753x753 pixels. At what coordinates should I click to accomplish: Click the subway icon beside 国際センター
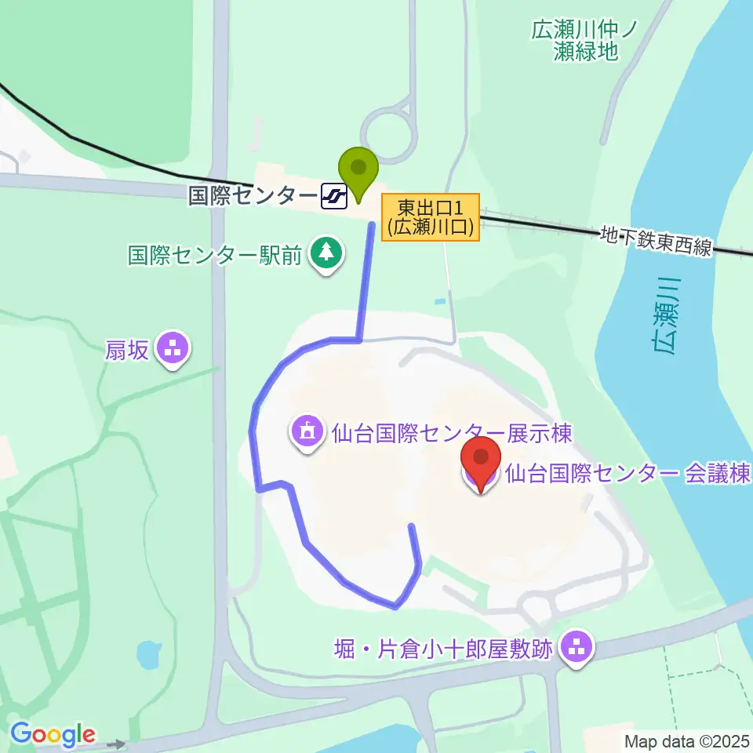click(x=334, y=196)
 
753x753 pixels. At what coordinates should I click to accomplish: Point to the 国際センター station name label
click(x=253, y=195)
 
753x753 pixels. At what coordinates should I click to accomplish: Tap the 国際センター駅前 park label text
click(x=215, y=256)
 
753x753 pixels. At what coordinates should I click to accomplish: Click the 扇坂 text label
click(x=127, y=350)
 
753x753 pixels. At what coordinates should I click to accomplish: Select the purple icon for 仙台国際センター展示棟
click(x=307, y=432)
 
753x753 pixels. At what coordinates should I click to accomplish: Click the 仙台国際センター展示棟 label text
click(x=450, y=433)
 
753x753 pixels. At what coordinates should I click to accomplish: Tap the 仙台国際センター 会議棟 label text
click(x=628, y=473)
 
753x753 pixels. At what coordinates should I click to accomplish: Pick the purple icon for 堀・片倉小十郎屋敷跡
click(x=578, y=649)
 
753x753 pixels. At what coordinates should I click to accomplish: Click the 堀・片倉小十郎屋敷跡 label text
click(x=444, y=649)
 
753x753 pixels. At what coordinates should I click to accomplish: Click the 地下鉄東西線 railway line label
click(x=656, y=241)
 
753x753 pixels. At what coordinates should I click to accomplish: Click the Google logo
click(x=52, y=735)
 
